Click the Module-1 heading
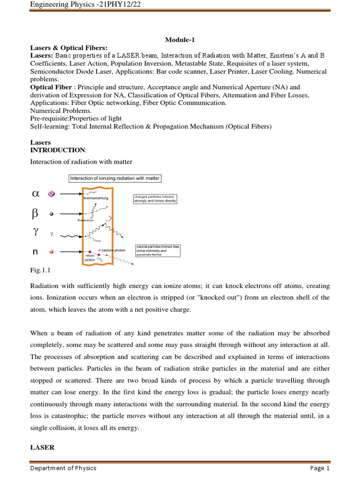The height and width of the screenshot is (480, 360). pyautogui.click(x=180, y=40)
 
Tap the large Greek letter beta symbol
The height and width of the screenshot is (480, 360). pyautogui.click(x=35, y=213)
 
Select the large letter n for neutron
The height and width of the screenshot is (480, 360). pyautogui.click(x=35, y=252)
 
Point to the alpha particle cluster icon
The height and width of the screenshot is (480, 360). pyautogui.click(x=52, y=193)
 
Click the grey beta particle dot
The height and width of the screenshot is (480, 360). pyautogui.click(x=52, y=213)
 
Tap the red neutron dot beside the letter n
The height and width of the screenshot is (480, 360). pyautogui.click(x=52, y=252)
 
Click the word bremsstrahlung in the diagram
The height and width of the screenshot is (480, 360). pyautogui.click(x=95, y=199)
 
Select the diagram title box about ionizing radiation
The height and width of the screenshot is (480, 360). pyautogui.click(x=115, y=178)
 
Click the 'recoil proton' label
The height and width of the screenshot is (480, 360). pyautogui.click(x=90, y=257)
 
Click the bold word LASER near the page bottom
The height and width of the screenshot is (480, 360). pyautogui.click(x=42, y=448)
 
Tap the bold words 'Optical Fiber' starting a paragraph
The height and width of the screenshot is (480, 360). pyautogui.click(x=51, y=87)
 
